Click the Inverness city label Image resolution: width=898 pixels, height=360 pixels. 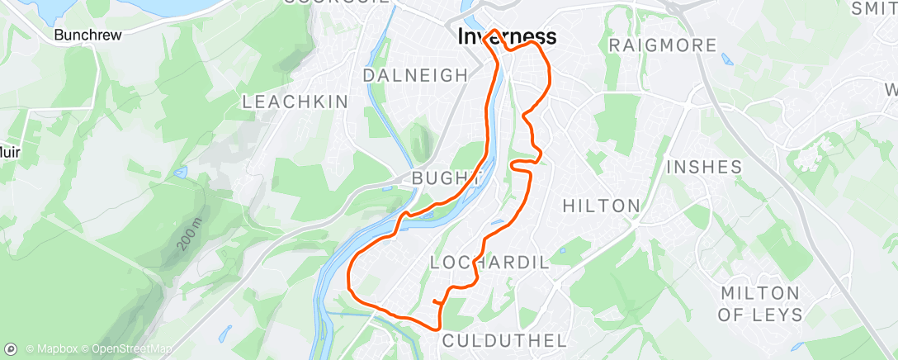pos(507,37)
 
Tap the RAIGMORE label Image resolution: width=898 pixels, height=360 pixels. pos(662,45)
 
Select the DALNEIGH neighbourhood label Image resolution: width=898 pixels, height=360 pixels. pos(415,75)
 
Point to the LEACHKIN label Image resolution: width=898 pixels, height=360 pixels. pos(295,102)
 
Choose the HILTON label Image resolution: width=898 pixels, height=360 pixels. pos(601,206)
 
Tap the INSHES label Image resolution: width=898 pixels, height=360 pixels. pos(704,167)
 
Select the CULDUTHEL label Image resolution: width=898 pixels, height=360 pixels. pos(504,341)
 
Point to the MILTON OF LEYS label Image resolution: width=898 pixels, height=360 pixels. pos(760,304)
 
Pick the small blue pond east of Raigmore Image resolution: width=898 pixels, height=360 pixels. pos(725,59)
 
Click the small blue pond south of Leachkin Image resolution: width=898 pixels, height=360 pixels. pos(181,173)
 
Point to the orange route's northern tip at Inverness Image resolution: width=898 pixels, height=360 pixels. pos(494,31)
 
